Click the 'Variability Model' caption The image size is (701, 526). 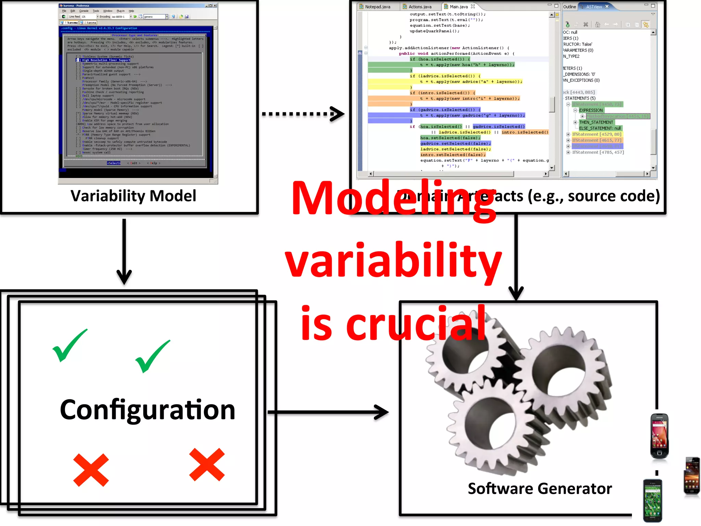pyautogui.click(x=133, y=196)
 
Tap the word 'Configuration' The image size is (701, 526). pyautogui.click(x=148, y=410)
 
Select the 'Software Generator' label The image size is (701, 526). pyautogui.click(x=540, y=489)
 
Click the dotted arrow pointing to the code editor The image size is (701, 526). pyautogui.click(x=303, y=114)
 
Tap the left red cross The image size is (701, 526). pyautogui.click(x=91, y=470)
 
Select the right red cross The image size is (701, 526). pyautogui.click(x=207, y=465)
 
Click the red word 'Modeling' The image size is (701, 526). pyautogui.click(x=394, y=199)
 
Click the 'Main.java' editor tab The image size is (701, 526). pyautogui.click(x=459, y=7)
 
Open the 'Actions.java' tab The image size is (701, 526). pyautogui.click(x=420, y=7)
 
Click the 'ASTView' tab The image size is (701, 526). pyautogui.click(x=594, y=7)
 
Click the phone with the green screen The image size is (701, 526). pyautogui.click(x=652, y=500)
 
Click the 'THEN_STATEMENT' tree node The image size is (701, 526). pyautogui.click(x=596, y=122)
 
